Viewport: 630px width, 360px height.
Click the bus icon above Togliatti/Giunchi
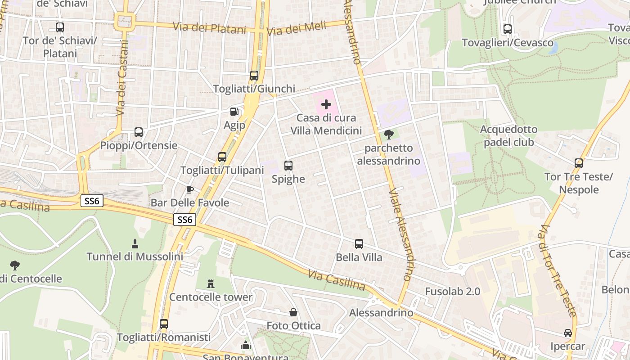[x=254, y=75]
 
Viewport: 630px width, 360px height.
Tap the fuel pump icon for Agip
[x=234, y=112]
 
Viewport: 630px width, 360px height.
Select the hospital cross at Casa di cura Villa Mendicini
[x=326, y=105]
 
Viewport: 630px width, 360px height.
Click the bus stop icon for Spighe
[x=288, y=166]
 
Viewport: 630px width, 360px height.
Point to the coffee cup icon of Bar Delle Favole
[x=190, y=189]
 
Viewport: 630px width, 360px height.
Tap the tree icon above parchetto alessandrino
[x=388, y=134]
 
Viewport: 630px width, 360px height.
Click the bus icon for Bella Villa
[x=359, y=244]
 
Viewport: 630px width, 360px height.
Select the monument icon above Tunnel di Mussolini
[x=135, y=243]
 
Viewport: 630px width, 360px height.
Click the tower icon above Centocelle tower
[x=211, y=283]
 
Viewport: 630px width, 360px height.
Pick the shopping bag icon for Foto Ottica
[x=293, y=312]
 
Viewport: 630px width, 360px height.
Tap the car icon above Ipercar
[x=568, y=333]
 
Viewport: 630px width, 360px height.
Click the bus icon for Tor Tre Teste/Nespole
[x=579, y=163]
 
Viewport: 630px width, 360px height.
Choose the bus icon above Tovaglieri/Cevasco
[x=508, y=29]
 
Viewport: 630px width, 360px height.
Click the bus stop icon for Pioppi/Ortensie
[x=139, y=132]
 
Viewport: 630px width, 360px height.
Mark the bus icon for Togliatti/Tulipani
[x=222, y=157]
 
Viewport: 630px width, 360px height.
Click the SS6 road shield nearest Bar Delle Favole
[x=185, y=220]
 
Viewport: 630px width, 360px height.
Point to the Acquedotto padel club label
[x=508, y=136]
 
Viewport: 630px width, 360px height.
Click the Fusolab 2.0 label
[x=453, y=292]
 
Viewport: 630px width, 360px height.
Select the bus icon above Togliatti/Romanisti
[x=164, y=324]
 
